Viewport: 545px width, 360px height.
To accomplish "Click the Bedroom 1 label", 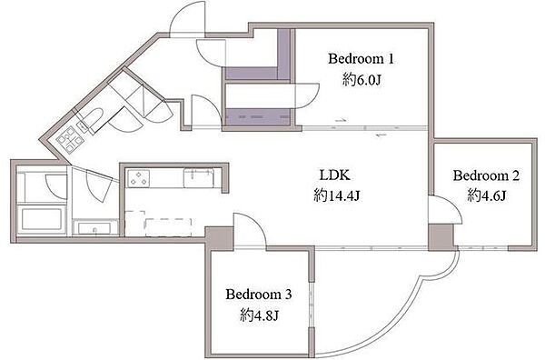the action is [361, 58].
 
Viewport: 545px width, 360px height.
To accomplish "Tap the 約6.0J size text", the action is [362, 80].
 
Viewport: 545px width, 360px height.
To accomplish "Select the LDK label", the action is [334, 175].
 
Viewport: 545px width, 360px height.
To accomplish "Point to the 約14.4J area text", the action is [336, 195].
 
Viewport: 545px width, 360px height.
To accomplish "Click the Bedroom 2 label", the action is [486, 175].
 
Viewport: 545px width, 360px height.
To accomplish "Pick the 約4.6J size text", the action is [486, 195].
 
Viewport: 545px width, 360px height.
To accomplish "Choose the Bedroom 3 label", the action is [259, 295].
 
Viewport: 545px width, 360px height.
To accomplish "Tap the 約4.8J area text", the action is [259, 315].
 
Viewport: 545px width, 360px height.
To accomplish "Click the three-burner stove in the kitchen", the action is [138, 178].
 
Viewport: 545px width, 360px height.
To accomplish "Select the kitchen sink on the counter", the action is [199, 178].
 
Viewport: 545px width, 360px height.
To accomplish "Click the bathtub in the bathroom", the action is [42, 219].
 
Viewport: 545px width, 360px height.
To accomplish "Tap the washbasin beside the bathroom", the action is [94, 228].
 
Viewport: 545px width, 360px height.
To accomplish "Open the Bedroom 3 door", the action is [251, 230].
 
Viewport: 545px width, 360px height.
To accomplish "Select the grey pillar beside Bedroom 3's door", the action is [219, 238].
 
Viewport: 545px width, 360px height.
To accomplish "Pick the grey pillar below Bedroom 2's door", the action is [441, 237].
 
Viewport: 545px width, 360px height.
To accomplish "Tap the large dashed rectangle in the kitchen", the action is [168, 227].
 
